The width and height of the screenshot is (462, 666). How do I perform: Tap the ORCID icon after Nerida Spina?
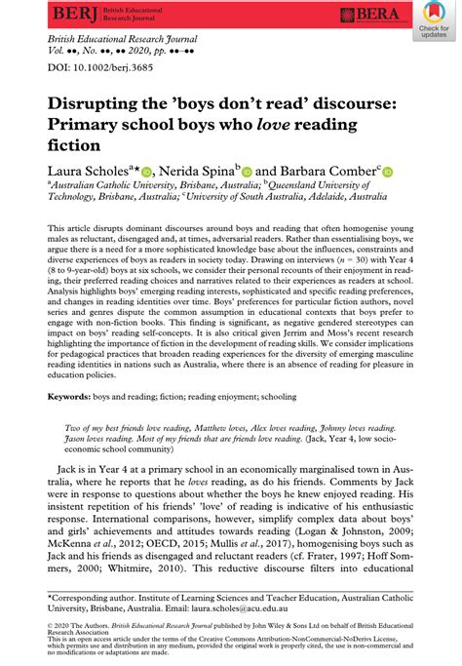tap(247, 171)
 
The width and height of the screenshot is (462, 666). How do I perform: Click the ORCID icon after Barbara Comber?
tap(387, 171)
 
